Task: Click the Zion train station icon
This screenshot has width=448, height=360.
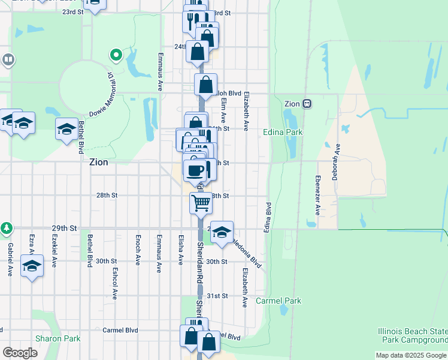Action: click(x=307, y=103)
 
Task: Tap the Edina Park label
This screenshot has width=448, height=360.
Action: click(x=283, y=132)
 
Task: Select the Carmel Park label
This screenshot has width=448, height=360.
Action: click(x=279, y=301)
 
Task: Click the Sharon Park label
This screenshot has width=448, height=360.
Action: click(x=57, y=338)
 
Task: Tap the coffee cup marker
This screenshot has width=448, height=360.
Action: click(x=195, y=170)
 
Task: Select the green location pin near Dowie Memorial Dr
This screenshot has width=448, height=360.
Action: click(x=116, y=55)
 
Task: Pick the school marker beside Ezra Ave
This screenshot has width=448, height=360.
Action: click(x=32, y=265)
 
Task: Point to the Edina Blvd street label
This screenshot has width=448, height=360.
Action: click(x=267, y=217)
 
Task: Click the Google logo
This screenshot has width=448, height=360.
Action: click(x=20, y=353)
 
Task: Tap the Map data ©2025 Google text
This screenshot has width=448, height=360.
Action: click(x=410, y=355)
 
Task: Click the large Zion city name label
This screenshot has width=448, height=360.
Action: click(x=99, y=162)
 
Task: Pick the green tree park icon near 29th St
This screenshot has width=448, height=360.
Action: click(x=7, y=228)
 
